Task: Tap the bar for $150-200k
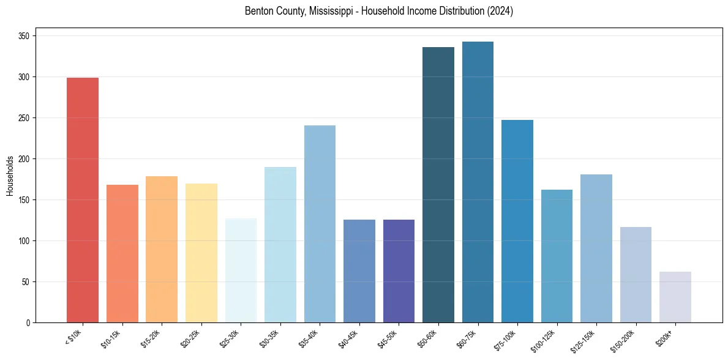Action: coord(636,275)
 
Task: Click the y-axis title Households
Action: coord(10,176)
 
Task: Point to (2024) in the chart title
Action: coord(500,11)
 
